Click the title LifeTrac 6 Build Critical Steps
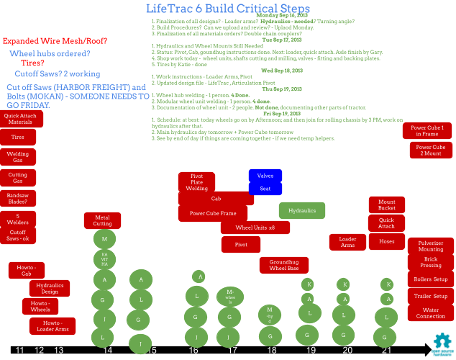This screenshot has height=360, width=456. coord(227,9)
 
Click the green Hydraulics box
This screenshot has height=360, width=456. coord(302,210)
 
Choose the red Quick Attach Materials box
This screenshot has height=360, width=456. coord(20,119)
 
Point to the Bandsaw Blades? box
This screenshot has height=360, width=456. coord(18,198)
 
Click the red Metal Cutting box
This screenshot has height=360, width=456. coord(103,220)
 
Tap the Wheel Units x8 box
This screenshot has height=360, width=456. coord(255,228)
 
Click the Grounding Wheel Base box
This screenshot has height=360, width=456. coord(284,265)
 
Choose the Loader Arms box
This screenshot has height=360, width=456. coord(347,242)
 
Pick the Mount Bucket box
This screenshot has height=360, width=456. coord(387,204)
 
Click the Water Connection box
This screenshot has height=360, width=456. coord(430,313)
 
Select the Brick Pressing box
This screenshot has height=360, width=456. coord(430,262)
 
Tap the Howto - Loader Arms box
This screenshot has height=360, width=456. coord(52,326)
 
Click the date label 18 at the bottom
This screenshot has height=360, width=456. coord(271,351)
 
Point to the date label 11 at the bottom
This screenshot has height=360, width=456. coord(20,351)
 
